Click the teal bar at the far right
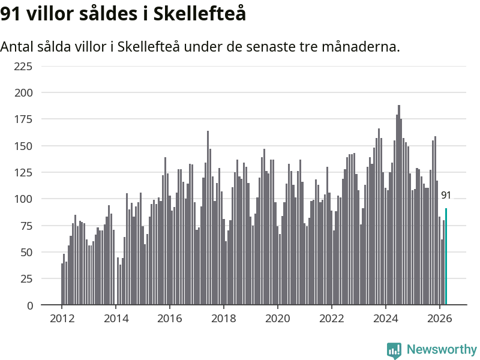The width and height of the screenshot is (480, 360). [446, 257]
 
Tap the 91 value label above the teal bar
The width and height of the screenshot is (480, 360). [446, 196]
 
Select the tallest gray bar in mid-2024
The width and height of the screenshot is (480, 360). [399, 205]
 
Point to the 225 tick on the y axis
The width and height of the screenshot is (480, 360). [23, 66]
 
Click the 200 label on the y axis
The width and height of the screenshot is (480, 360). [23, 93]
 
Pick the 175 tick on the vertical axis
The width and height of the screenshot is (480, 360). [23, 119]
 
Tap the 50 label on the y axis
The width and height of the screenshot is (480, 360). [26, 253]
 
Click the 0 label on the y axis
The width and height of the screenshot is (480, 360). [30, 305]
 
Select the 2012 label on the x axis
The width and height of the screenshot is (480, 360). [62, 319]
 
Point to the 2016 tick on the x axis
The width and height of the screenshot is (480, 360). [170, 319]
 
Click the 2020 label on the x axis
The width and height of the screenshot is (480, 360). [278, 319]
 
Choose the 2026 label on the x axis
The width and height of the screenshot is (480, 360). [440, 319]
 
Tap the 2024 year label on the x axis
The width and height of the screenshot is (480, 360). [386, 319]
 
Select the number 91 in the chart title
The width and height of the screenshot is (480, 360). [10, 14]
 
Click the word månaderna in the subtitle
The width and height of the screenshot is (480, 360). [361, 47]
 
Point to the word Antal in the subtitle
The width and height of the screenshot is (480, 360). [17, 47]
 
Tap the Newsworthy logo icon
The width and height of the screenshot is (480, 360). [394, 350]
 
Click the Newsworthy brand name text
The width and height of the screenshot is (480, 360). [442, 349]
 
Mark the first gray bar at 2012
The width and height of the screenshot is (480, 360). [62, 284]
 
